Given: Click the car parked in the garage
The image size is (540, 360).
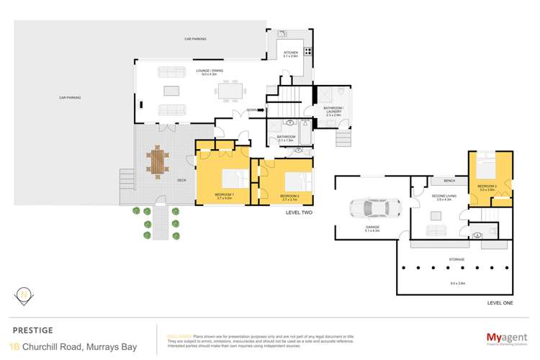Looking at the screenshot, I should pyautogui.click(x=371, y=208).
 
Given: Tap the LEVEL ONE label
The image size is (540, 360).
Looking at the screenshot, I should pyautogui.click(x=499, y=303).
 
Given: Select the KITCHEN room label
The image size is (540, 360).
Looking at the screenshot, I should pyautogui.click(x=290, y=53).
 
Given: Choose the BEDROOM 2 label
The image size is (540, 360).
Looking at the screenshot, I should pyautogui.click(x=289, y=196).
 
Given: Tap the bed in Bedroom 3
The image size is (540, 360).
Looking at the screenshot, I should pyautogui.click(x=492, y=169).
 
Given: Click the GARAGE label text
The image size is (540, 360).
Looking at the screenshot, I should pyautogui.click(x=372, y=227).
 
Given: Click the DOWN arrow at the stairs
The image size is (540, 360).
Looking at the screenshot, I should pyautogui.click(x=253, y=110).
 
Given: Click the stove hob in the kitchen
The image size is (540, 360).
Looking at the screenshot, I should pyautogui.click(x=308, y=51).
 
